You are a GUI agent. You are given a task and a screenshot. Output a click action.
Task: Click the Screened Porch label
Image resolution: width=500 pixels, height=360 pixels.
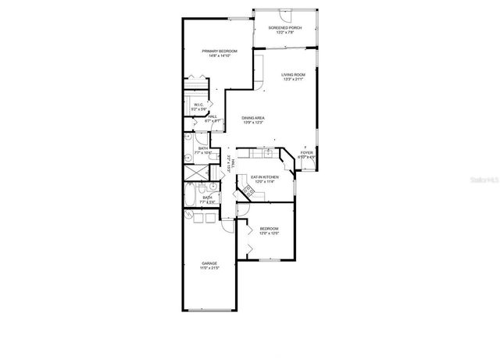tap(284, 27)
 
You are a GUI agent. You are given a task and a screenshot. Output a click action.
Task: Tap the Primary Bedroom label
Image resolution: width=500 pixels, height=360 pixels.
tap(219, 51)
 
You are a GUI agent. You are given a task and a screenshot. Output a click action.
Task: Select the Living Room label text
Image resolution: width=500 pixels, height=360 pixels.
tap(292, 74)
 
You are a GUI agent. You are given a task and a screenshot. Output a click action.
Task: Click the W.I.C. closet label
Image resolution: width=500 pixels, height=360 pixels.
tap(198, 105)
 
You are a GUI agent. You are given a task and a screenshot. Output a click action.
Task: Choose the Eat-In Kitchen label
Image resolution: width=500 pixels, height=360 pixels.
tap(266, 177)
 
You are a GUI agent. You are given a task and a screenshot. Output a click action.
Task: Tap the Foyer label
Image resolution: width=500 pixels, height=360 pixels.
tap(306, 152)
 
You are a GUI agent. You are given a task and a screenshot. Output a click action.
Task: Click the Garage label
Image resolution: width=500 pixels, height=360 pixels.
tap(209, 263)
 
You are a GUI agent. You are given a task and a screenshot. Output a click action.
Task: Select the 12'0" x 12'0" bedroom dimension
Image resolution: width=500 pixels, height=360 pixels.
tap(269, 233)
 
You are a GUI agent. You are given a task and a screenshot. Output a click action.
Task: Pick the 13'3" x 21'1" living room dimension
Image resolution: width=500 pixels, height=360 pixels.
tap(292, 80)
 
